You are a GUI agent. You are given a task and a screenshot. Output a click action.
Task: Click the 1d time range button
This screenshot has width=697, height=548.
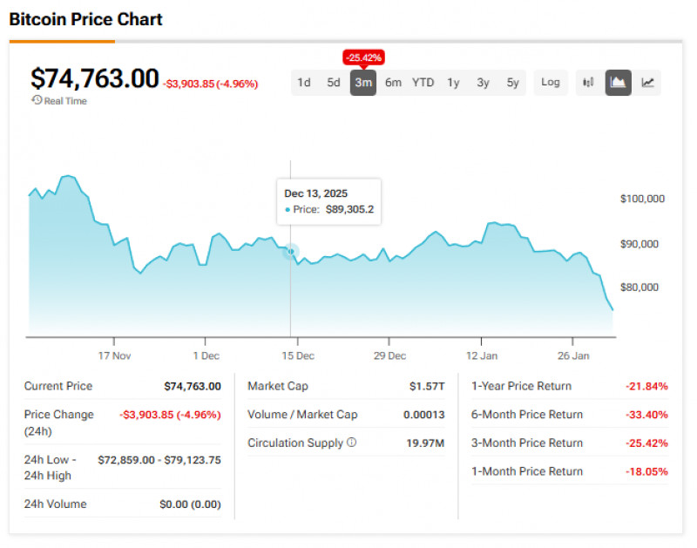[x=303, y=83]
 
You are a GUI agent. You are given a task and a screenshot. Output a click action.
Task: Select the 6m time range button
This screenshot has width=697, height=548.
[x=393, y=83]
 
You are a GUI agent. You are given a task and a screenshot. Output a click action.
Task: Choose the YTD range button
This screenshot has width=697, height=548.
[x=423, y=83]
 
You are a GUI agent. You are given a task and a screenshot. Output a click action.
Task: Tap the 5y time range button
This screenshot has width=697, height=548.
[x=513, y=83]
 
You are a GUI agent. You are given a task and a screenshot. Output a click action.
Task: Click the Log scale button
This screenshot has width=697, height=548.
[x=551, y=83]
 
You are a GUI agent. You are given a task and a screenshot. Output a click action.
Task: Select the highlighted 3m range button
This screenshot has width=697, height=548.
[x=363, y=83]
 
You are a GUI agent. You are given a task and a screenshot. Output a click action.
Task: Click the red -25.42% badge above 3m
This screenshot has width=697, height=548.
[x=363, y=58]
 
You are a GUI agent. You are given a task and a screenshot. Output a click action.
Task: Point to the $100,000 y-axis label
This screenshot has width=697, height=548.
[x=642, y=199]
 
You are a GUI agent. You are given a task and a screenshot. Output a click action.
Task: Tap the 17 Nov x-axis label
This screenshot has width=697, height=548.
[x=114, y=355]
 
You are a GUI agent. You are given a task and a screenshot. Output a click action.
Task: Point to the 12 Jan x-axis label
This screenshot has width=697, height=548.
[x=481, y=355]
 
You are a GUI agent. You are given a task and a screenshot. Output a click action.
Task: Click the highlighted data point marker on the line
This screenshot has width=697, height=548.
[x=291, y=252]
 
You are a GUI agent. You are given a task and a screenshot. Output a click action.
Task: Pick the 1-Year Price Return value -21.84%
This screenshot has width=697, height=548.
[x=646, y=386]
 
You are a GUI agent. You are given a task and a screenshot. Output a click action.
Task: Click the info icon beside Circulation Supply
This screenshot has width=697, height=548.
[x=352, y=443]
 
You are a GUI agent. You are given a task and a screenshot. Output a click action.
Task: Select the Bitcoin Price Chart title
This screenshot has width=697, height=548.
[x=85, y=19]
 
